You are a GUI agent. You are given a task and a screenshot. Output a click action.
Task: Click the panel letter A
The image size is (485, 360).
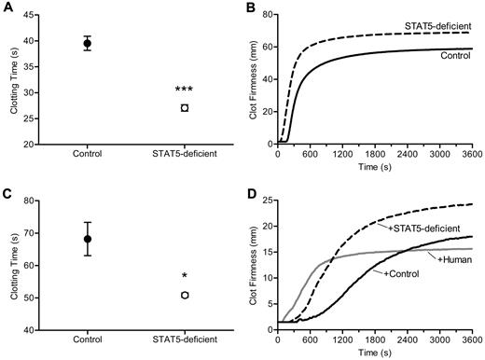(x=7, y=7)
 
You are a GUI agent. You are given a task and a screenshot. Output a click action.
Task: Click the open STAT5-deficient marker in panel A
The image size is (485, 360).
(x=184, y=108)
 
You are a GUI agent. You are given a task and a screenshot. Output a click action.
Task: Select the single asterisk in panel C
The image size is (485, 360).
(x=184, y=277)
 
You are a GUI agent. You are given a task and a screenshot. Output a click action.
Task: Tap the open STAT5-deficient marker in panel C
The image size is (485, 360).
(x=184, y=295)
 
